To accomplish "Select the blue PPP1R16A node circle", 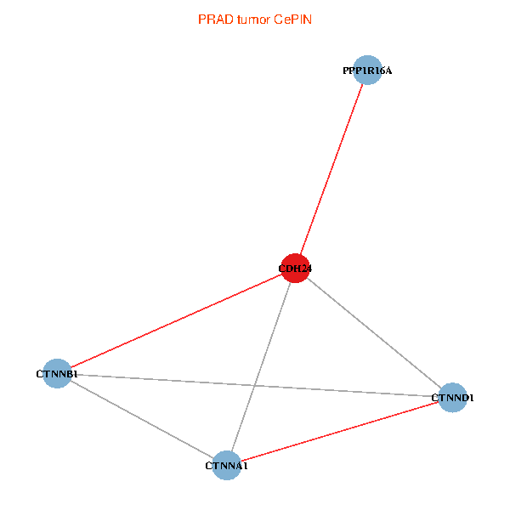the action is [x=367, y=71].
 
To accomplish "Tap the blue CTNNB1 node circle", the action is [x=57, y=373].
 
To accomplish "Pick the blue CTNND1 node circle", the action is [x=453, y=397].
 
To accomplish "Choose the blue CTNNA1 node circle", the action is [x=226, y=465].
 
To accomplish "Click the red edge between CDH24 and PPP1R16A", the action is [x=331, y=169].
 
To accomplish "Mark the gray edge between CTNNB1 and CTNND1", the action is [x=170, y=380].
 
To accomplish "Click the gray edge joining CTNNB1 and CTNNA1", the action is [x=141, y=419].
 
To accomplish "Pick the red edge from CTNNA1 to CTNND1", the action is [x=340, y=431].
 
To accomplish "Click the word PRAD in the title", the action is [x=213, y=20].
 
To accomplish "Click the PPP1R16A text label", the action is [x=367, y=71].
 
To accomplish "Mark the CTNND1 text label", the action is [x=452, y=398].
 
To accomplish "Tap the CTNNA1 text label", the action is [x=226, y=466].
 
